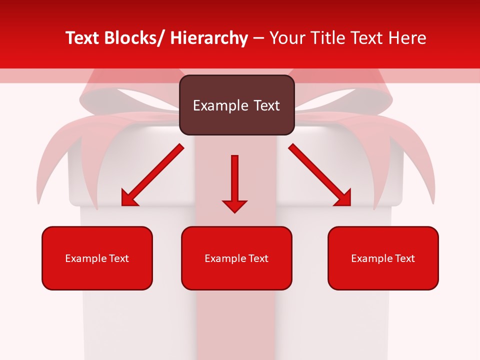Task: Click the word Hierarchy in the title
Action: pyautogui.click(x=209, y=38)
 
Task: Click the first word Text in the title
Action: pyautogui.click(x=83, y=38)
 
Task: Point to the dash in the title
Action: pyautogui.click(x=258, y=39)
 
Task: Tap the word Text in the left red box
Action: pyautogui.click(x=119, y=258)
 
